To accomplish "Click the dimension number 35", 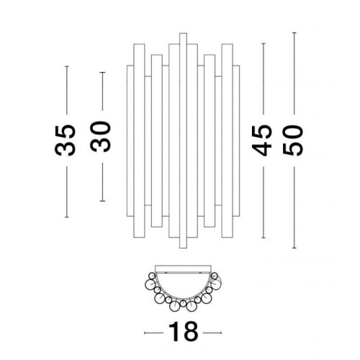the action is click(66, 140).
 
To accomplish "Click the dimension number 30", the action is click(101, 137).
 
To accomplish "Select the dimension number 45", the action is click(261, 140).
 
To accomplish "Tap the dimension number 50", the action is click(293, 140).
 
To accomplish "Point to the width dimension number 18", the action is click(184, 332).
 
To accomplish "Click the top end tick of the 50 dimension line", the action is click(294, 32).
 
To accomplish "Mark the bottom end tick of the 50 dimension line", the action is click(294, 248).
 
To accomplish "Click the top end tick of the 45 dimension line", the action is click(264, 44).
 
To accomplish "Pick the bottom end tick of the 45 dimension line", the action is click(264, 238).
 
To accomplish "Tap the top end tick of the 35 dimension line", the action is click(67, 66).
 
